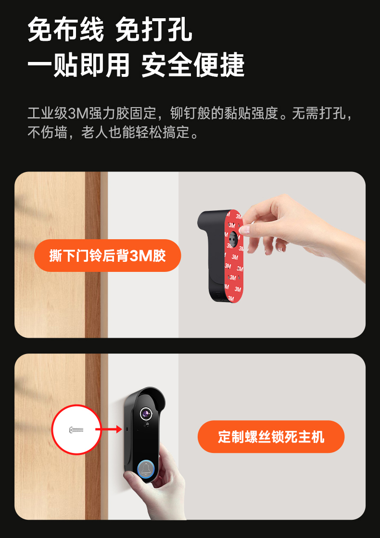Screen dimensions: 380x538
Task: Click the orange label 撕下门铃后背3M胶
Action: pos(108,256)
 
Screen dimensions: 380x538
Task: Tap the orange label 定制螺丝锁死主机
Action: pos(271,437)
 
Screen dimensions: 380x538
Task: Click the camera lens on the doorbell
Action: pos(146,414)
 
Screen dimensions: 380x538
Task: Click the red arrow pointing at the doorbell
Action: pos(109,429)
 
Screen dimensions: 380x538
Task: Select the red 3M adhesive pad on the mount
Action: pos(234,256)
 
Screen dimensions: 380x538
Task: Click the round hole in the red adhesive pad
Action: pos(233,237)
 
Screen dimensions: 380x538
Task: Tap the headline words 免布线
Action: pos(65,30)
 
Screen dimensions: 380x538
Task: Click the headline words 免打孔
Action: pos(153,30)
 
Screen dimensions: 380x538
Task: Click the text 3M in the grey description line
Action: pos(78,113)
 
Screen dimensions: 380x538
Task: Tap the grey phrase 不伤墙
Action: pos(47,132)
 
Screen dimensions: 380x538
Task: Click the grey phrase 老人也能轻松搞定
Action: pos(135,132)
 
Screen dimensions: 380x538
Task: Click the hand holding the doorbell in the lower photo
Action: pos(162,484)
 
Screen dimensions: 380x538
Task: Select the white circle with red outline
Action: pos(76,429)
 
